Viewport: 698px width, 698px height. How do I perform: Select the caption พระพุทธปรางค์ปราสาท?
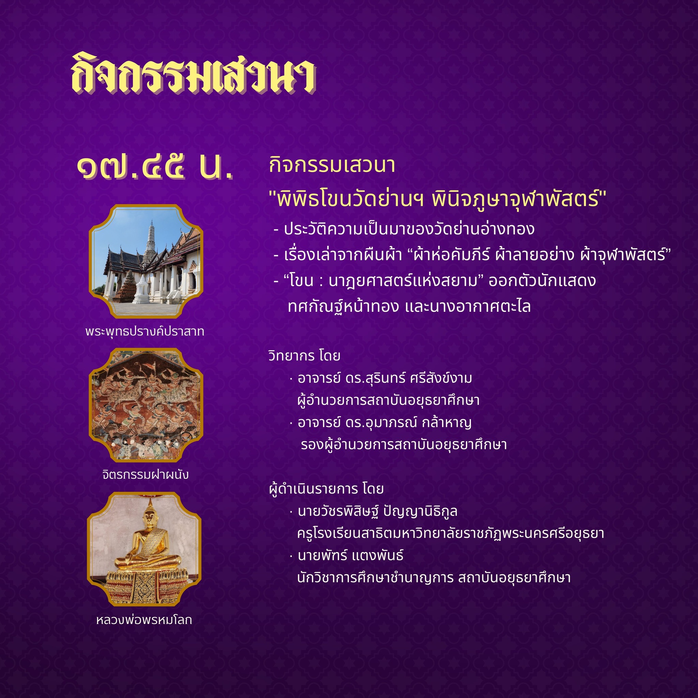coord(145,332)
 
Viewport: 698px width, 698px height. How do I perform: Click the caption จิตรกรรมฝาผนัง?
coord(145,474)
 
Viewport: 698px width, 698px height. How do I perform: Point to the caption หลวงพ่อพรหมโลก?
coord(144,620)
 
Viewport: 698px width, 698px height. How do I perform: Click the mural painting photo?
coord(146,405)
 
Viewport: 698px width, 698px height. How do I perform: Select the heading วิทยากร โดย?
coord(304,356)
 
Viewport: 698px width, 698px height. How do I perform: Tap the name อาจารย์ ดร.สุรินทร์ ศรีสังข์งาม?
coord(385,378)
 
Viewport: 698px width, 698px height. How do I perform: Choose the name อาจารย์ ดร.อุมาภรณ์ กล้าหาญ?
coord(384,422)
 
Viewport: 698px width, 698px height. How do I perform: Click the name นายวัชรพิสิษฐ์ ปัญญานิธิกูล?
coord(378,511)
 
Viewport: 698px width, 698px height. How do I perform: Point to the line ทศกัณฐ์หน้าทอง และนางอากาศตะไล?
coord(409,307)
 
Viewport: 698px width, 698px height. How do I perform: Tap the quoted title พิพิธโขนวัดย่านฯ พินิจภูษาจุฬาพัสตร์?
coord(438,199)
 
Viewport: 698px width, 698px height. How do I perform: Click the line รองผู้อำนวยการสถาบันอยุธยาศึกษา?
coord(404,445)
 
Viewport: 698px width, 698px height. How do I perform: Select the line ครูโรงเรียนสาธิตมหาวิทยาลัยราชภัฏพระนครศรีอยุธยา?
coord(451,533)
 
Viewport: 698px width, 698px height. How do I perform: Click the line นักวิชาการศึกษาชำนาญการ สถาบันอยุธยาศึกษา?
coord(434,577)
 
